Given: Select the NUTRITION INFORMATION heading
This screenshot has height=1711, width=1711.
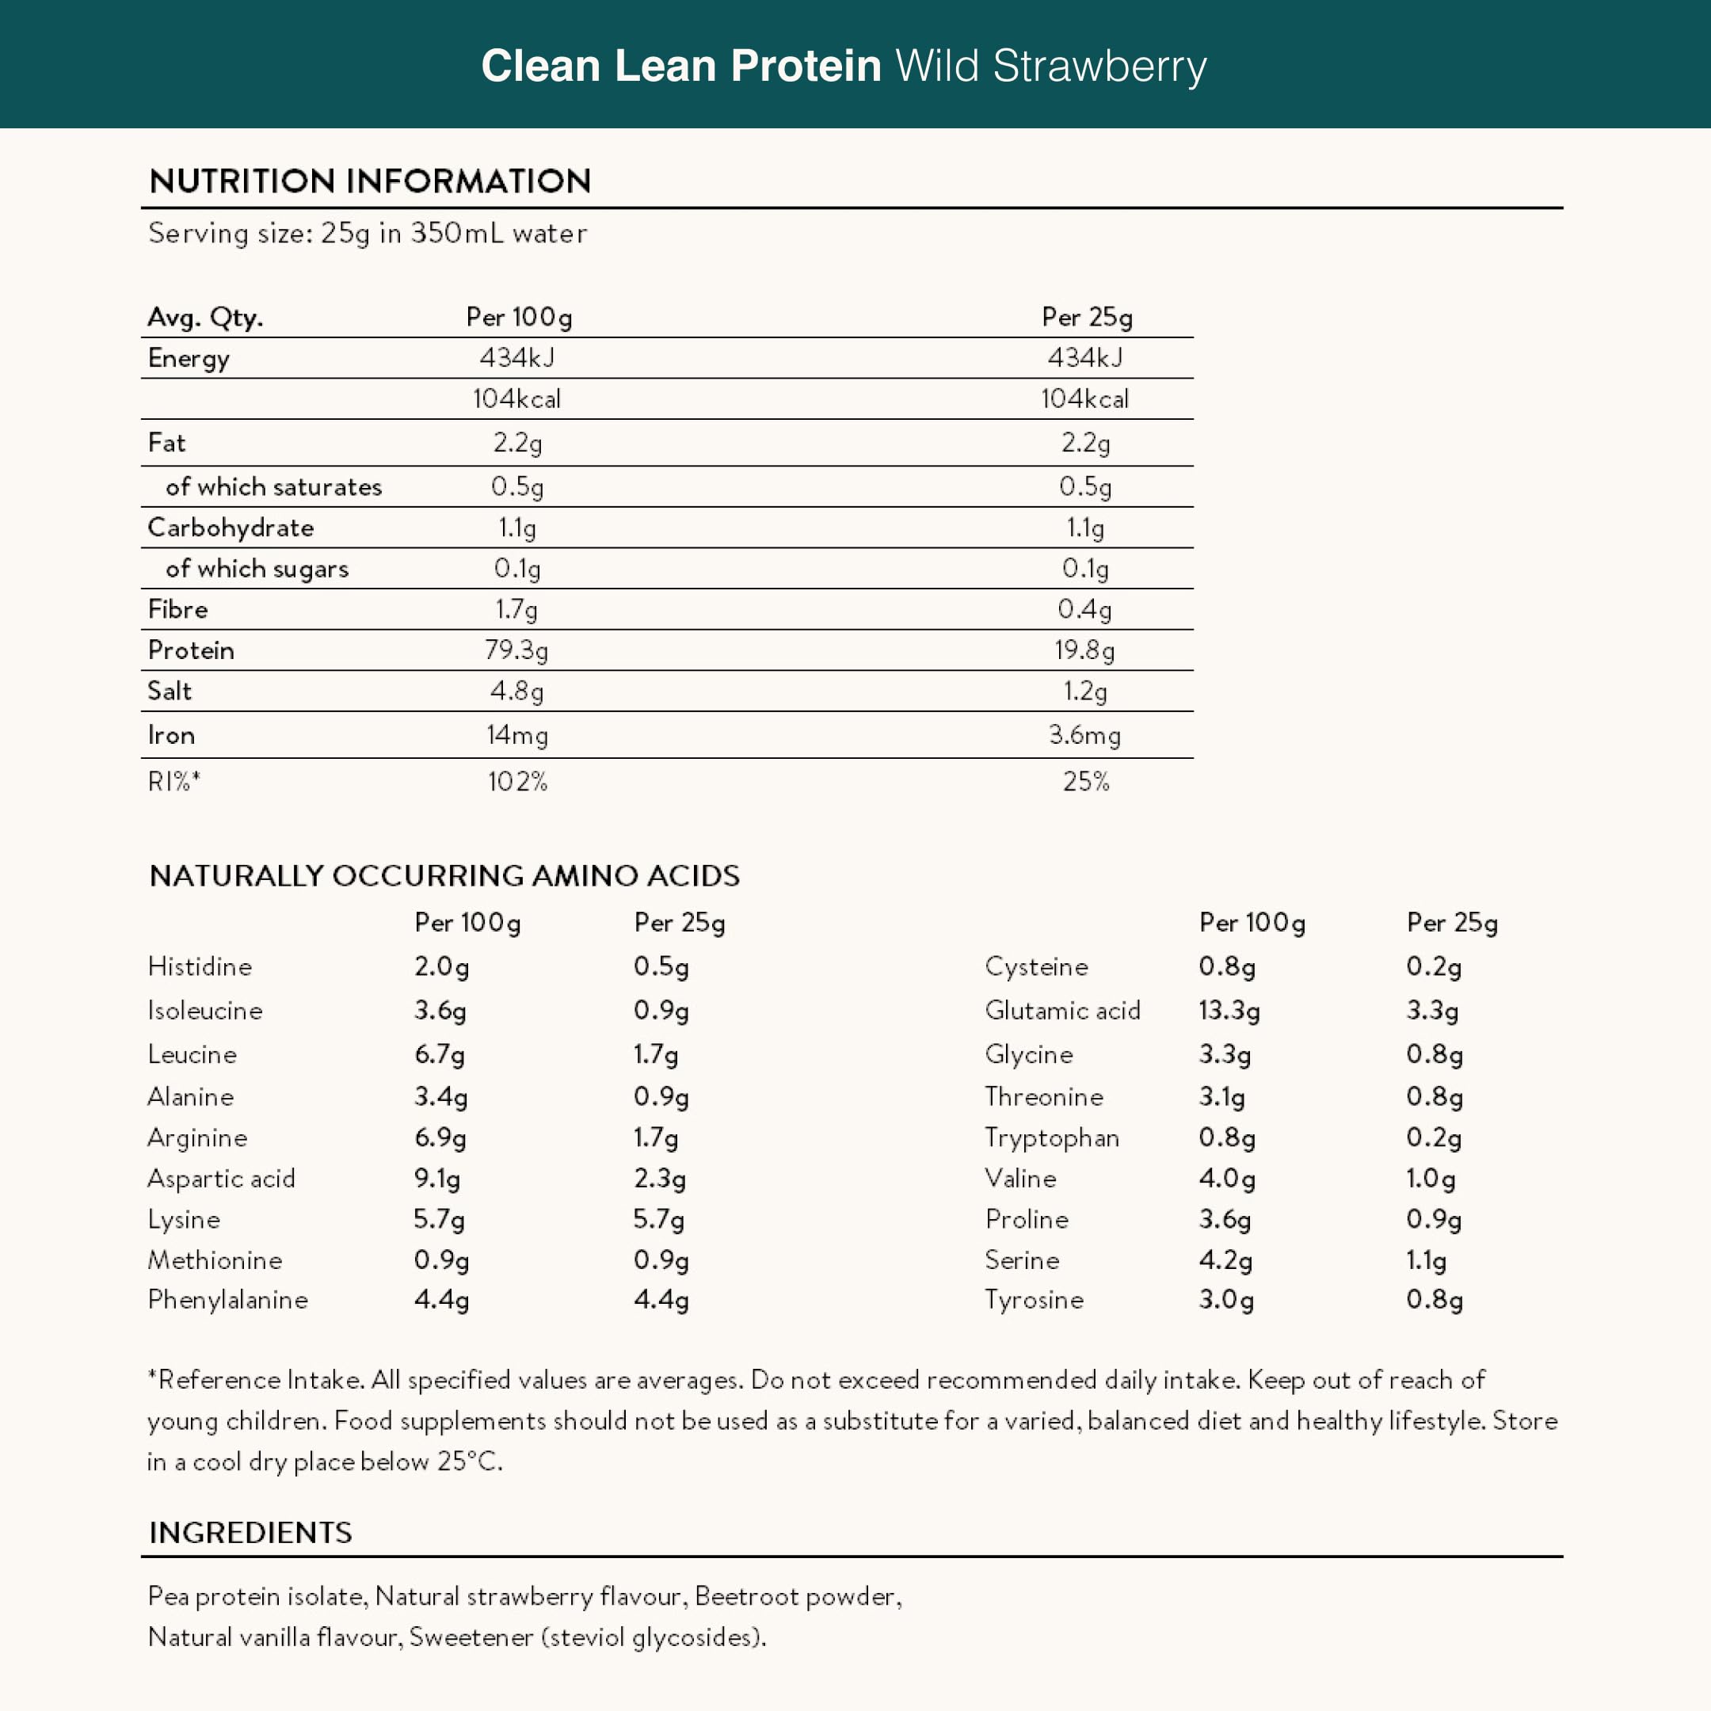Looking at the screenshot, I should point(370,181).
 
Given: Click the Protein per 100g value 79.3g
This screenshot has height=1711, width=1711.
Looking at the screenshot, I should point(516,651).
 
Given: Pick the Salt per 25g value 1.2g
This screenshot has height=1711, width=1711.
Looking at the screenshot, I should point(1085,692).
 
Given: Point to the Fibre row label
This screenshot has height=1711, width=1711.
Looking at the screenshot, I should point(178,609).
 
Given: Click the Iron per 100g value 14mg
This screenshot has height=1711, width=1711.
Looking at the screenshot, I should point(517,735).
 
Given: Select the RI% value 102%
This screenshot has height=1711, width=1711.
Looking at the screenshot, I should point(517,781).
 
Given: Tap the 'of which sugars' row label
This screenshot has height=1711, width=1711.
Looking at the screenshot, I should point(257,569).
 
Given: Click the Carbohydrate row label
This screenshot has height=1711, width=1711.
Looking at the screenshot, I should point(231,528).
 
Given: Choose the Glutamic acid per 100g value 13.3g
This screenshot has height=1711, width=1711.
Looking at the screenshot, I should point(1229,1011).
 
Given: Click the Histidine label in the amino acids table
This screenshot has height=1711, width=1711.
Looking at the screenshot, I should point(200,966).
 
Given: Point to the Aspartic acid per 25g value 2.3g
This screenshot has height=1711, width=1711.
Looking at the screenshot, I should point(660,1179).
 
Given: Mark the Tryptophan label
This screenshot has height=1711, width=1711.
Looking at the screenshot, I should point(1052,1138).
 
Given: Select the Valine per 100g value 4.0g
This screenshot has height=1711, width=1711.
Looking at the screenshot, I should point(1226,1179).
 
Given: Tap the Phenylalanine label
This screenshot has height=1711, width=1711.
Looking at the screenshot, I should point(227,1300).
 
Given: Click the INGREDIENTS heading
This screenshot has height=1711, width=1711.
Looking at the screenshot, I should point(250,1533).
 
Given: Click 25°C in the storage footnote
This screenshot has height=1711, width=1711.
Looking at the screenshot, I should point(470,1462).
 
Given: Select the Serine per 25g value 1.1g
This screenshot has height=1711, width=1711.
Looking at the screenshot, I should point(1426,1260).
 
